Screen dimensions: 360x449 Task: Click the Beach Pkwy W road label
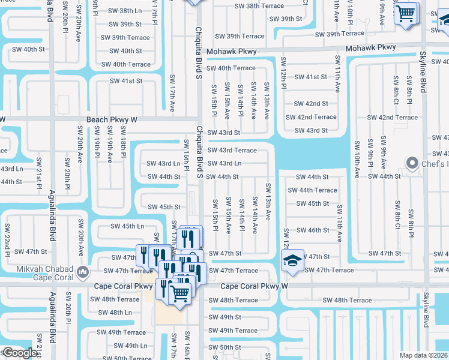112,120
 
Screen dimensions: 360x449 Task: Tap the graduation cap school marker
293,260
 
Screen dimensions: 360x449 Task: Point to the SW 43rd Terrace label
232,151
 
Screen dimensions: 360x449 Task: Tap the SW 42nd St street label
311,104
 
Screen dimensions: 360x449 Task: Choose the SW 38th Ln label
126,11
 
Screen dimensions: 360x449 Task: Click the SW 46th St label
313,230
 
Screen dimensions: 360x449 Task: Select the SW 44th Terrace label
313,190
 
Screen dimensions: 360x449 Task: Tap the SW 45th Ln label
127,226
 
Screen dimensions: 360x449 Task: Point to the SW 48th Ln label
115,313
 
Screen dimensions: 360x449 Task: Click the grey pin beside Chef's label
412,163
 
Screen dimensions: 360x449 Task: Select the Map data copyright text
424,355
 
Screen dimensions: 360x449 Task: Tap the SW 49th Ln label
131,346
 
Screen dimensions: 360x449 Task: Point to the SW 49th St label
224,317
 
